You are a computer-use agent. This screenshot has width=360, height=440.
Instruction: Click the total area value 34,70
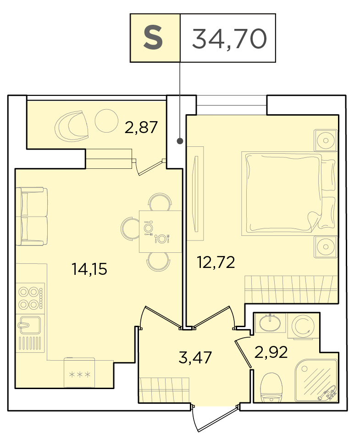(229, 39)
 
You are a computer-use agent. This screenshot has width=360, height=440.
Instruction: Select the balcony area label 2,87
(141, 128)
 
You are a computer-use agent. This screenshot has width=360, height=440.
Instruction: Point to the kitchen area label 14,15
(89, 269)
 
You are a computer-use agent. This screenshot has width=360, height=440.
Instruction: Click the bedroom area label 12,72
(216, 262)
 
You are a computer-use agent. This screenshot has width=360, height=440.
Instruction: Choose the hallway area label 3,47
(195, 358)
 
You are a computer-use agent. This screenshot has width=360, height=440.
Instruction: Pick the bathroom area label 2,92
(271, 352)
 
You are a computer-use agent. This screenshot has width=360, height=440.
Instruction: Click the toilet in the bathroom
(271, 388)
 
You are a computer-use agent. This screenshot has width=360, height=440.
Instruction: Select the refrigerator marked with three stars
(79, 373)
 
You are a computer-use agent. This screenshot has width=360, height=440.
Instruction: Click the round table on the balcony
(106, 121)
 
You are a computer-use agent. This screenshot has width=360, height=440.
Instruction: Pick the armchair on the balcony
(72, 125)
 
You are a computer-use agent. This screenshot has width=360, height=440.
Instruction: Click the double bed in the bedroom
(289, 193)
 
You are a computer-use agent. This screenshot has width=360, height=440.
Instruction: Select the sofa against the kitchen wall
(32, 216)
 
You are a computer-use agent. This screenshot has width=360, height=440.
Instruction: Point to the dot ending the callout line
(180, 141)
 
